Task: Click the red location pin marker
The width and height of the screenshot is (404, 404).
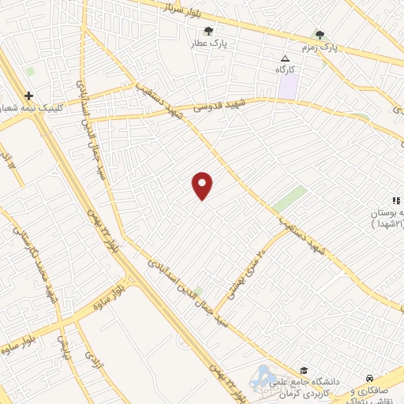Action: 203,185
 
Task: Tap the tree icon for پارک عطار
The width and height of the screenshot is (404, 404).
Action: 208,32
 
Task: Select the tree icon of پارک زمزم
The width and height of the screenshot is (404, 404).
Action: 320,35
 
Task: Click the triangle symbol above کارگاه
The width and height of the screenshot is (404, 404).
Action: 286,59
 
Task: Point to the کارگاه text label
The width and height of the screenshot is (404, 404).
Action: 285,70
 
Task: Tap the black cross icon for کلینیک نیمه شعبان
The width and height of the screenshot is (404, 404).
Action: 28,95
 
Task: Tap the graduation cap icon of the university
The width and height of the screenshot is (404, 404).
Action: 302,370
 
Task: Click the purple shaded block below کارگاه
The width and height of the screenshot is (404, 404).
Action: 287,88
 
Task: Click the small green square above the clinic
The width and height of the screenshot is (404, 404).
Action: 30,71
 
